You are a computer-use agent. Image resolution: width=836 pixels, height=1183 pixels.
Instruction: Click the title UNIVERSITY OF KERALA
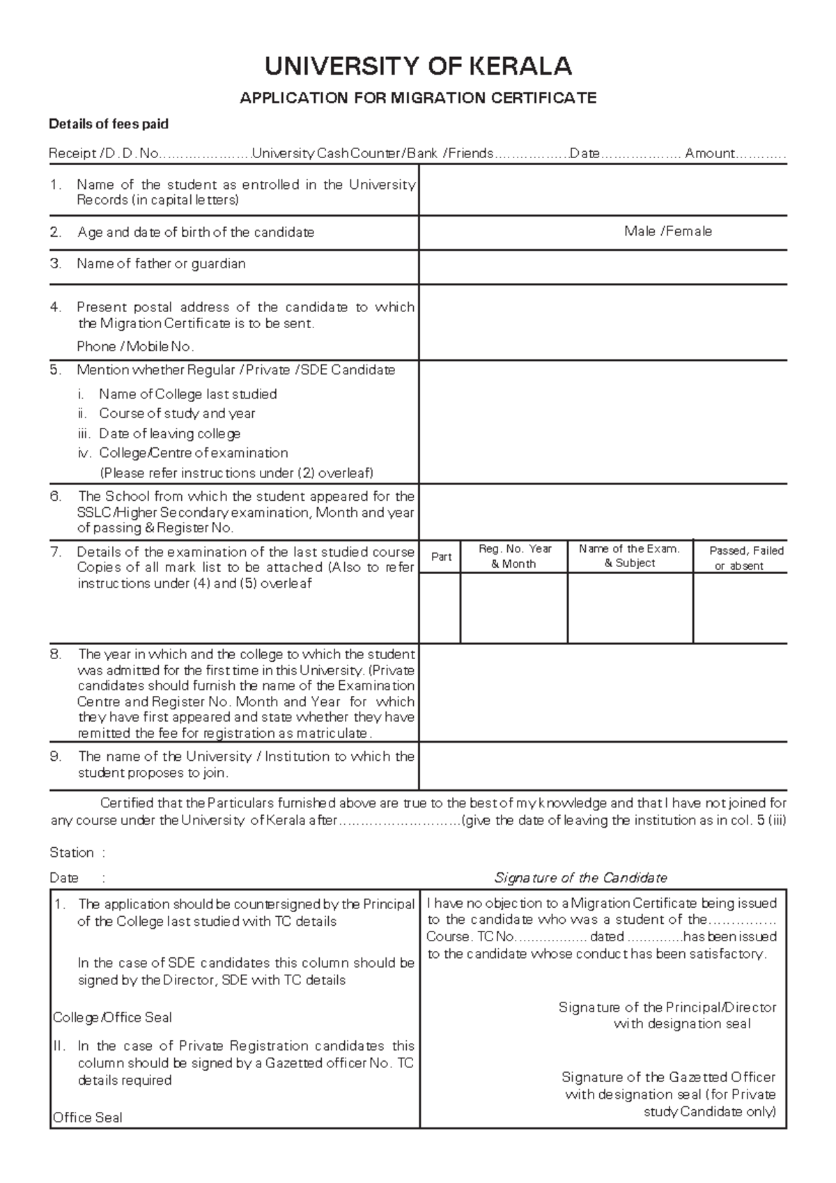[418, 67]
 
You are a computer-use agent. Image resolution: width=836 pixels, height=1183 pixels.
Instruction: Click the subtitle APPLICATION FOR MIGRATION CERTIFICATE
[418, 98]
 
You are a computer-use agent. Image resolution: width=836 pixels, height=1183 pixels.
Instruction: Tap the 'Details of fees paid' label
[108, 125]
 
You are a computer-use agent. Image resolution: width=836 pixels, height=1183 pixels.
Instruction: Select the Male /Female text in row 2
[667, 231]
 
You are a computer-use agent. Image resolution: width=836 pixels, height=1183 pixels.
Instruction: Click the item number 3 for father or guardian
[56, 264]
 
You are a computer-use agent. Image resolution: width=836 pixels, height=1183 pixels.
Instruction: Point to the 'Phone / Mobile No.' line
[135, 347]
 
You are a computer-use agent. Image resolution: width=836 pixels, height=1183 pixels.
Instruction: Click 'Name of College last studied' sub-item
[187, 394]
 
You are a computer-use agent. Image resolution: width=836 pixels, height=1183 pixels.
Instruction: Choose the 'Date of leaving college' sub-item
[169, 434]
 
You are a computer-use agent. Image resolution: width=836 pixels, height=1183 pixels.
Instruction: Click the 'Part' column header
[441, 557]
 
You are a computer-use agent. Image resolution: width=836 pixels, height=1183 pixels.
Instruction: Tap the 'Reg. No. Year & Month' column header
[514, 557]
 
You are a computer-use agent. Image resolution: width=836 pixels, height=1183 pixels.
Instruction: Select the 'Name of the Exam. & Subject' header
[629, 556]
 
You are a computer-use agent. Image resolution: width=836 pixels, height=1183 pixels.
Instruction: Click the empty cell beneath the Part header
[440, 608]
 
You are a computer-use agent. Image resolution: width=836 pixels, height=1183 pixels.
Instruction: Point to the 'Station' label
[71, 853]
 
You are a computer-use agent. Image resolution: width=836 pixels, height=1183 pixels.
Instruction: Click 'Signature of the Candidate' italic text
[580, 878]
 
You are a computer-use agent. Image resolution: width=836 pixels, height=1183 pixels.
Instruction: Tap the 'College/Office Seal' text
[112, 1018]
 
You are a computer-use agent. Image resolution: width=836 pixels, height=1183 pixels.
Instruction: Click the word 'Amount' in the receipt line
[709, 153]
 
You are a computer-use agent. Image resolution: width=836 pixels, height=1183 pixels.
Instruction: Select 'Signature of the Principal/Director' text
[667, 1007]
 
